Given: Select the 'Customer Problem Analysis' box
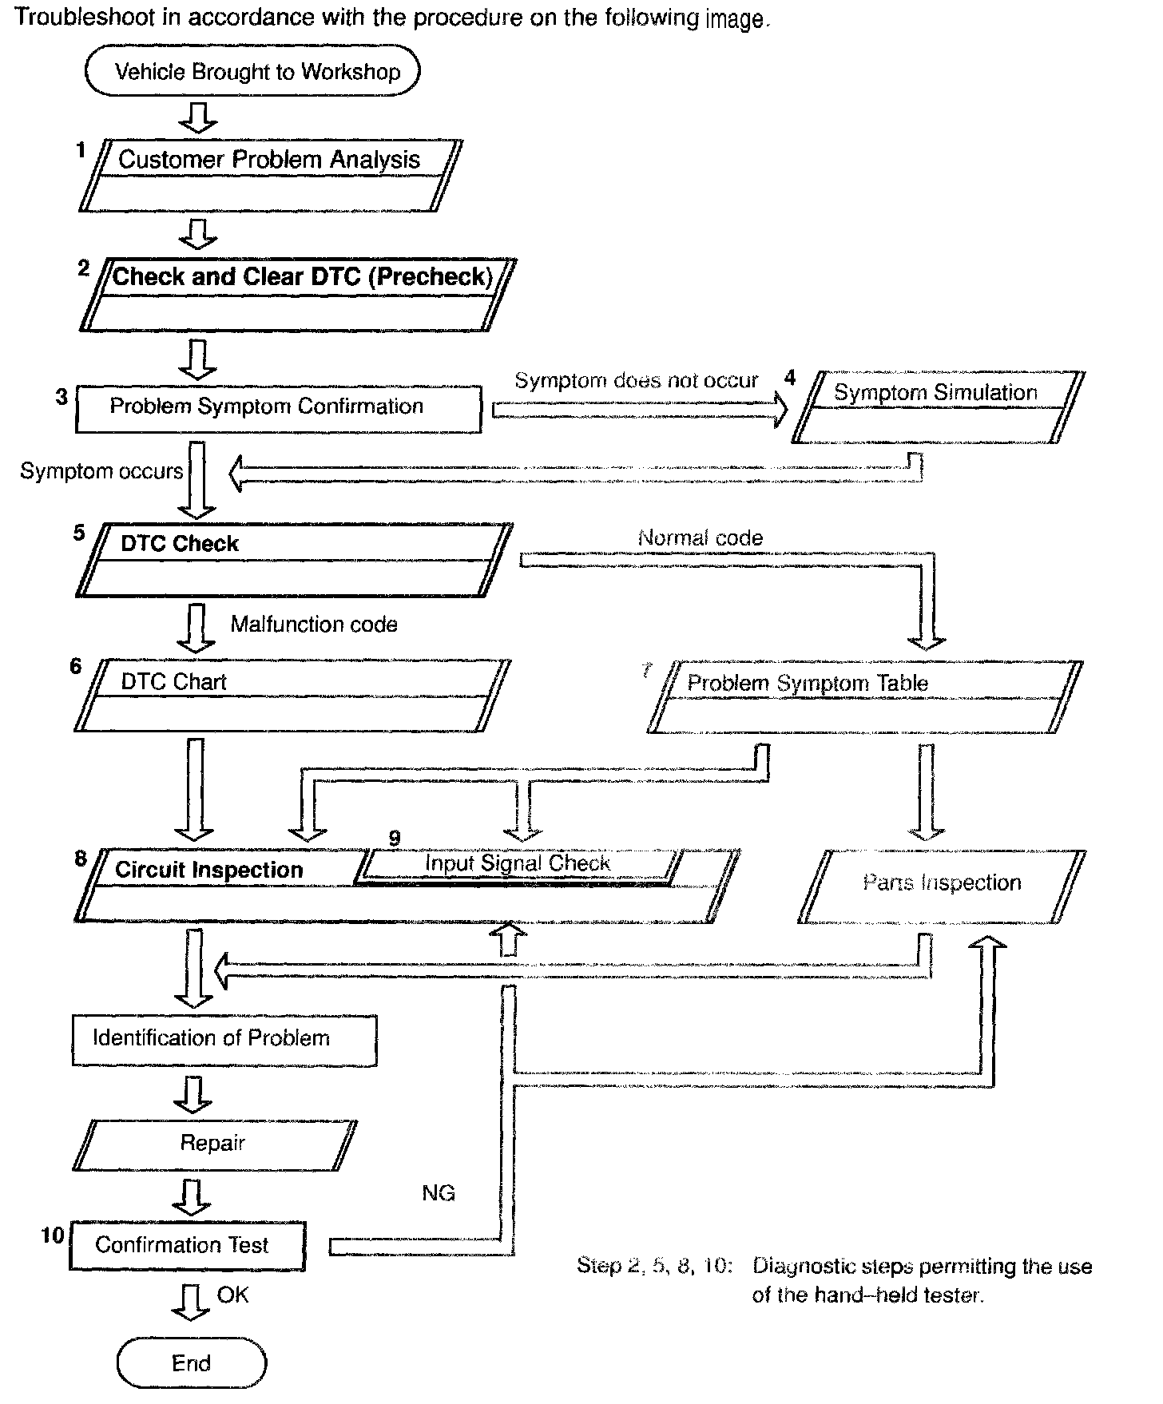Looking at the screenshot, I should coord(270,175).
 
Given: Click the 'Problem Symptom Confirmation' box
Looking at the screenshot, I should coord(278,409).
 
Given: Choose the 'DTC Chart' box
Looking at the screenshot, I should coord(292,694).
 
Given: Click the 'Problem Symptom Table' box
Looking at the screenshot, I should coord(864,696).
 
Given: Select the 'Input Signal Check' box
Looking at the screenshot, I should coord(518,865).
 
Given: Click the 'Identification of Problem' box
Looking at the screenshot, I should coord(224,1039).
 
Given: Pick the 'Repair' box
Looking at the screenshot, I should coord(214,1144).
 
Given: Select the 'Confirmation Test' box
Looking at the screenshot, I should coord(187,1245).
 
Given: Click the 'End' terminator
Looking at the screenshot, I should coord(192,1363).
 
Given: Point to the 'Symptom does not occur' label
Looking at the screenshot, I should coord(636,380).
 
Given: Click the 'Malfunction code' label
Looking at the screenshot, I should coord(314,625).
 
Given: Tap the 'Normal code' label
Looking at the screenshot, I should coord(700,538).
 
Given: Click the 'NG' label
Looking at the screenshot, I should coord(438,1193).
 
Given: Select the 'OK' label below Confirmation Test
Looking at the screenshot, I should coord(232,1295).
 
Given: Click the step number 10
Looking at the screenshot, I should coord(52,1235).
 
